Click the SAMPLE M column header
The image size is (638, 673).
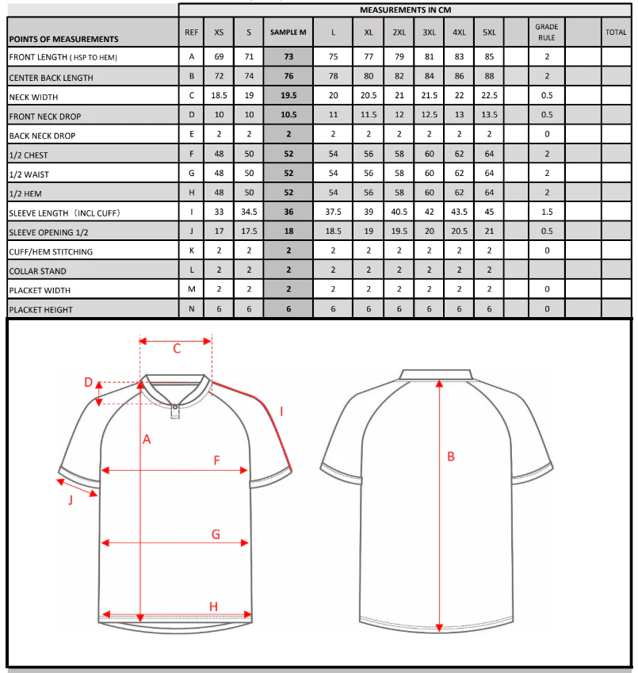(288, 33)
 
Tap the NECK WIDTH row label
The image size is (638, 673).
(32, 98)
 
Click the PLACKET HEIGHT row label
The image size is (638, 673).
(40, 310)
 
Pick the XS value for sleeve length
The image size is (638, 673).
(219, 212)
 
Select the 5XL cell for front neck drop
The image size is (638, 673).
(489, 116)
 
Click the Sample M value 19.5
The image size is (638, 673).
(288, 96)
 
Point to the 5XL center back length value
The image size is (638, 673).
(489, 77)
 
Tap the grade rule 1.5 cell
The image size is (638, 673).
(546, 212)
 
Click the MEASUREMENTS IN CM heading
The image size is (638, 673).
(405, 10)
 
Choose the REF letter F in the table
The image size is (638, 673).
(191, 155)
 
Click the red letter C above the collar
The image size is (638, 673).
(177, 348)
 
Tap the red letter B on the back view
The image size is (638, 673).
(451, 456)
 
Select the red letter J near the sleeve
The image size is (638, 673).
(70, 499)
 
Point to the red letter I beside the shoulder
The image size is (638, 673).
(282, 411)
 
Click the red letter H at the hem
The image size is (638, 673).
(213, 606)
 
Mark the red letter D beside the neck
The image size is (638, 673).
(89, 383)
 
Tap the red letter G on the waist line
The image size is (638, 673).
(216, 534)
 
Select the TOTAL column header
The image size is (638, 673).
(616, 33)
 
